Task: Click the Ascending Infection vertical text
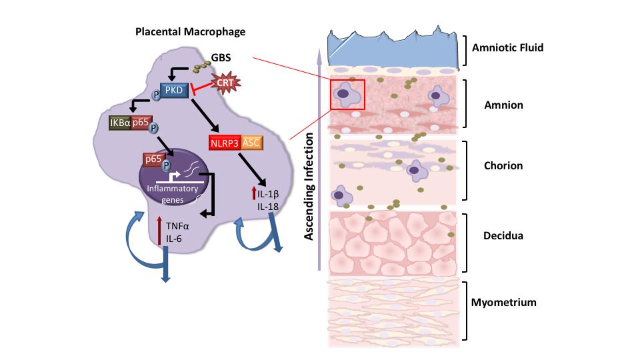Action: tap(309, 185)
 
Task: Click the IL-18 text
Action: tap(267, 208)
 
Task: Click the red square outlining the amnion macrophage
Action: tap(347, 95)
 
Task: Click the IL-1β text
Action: tap(268, 195)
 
